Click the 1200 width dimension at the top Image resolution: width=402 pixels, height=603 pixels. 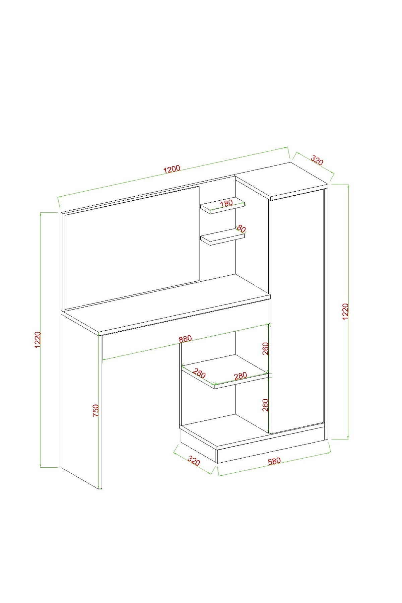point(172,169)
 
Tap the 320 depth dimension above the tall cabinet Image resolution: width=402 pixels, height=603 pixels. point(317,160)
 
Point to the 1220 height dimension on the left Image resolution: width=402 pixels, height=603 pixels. point(38,340)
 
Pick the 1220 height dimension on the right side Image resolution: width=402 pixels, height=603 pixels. point(346,312)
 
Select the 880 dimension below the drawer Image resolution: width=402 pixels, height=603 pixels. point(185,339)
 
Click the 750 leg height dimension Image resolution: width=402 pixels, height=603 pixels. point(95,410)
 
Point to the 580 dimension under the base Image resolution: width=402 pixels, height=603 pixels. point(274,461)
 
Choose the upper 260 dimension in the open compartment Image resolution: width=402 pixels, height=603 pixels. point(265,349)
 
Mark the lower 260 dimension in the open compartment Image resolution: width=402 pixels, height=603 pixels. point(265,405)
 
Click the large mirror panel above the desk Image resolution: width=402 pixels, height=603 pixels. point(132,247)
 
